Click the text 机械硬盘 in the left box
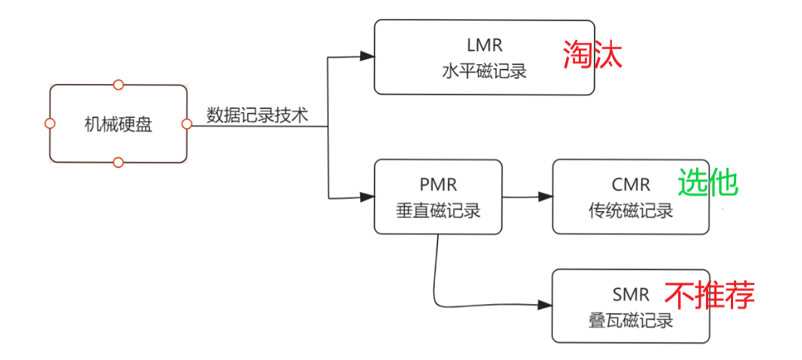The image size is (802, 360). [x=118, y=124]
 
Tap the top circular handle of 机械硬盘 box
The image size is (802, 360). [x=118, y=85]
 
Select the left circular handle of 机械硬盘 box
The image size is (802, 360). [x=50, y=123]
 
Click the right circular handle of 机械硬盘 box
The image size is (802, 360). [x=187, y=123]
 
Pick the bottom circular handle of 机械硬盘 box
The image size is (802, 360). [x=118, y=162]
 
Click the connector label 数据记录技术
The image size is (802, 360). [x=257, y=116]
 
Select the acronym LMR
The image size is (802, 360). [x=483, y=45]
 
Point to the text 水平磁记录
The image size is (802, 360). [x=483, y=72]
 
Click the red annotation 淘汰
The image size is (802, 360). [x=592, y=54]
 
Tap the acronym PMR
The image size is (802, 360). [x=438, y=185]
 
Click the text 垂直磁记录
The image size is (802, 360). [x=438, y=211]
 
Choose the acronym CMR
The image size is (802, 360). [x=631, y=185]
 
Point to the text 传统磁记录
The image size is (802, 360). [x=631, y=211]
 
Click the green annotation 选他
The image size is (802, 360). [x=707, y=183]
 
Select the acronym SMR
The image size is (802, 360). [x=631, y=293]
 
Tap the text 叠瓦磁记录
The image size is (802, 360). [x=631, y=321]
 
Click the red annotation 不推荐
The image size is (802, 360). [x=710, y=296]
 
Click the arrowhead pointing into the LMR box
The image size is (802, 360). [x=368, y=56]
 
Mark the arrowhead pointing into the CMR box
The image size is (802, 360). [x=546, y=197]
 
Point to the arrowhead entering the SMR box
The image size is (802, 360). [x=546, y=306]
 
